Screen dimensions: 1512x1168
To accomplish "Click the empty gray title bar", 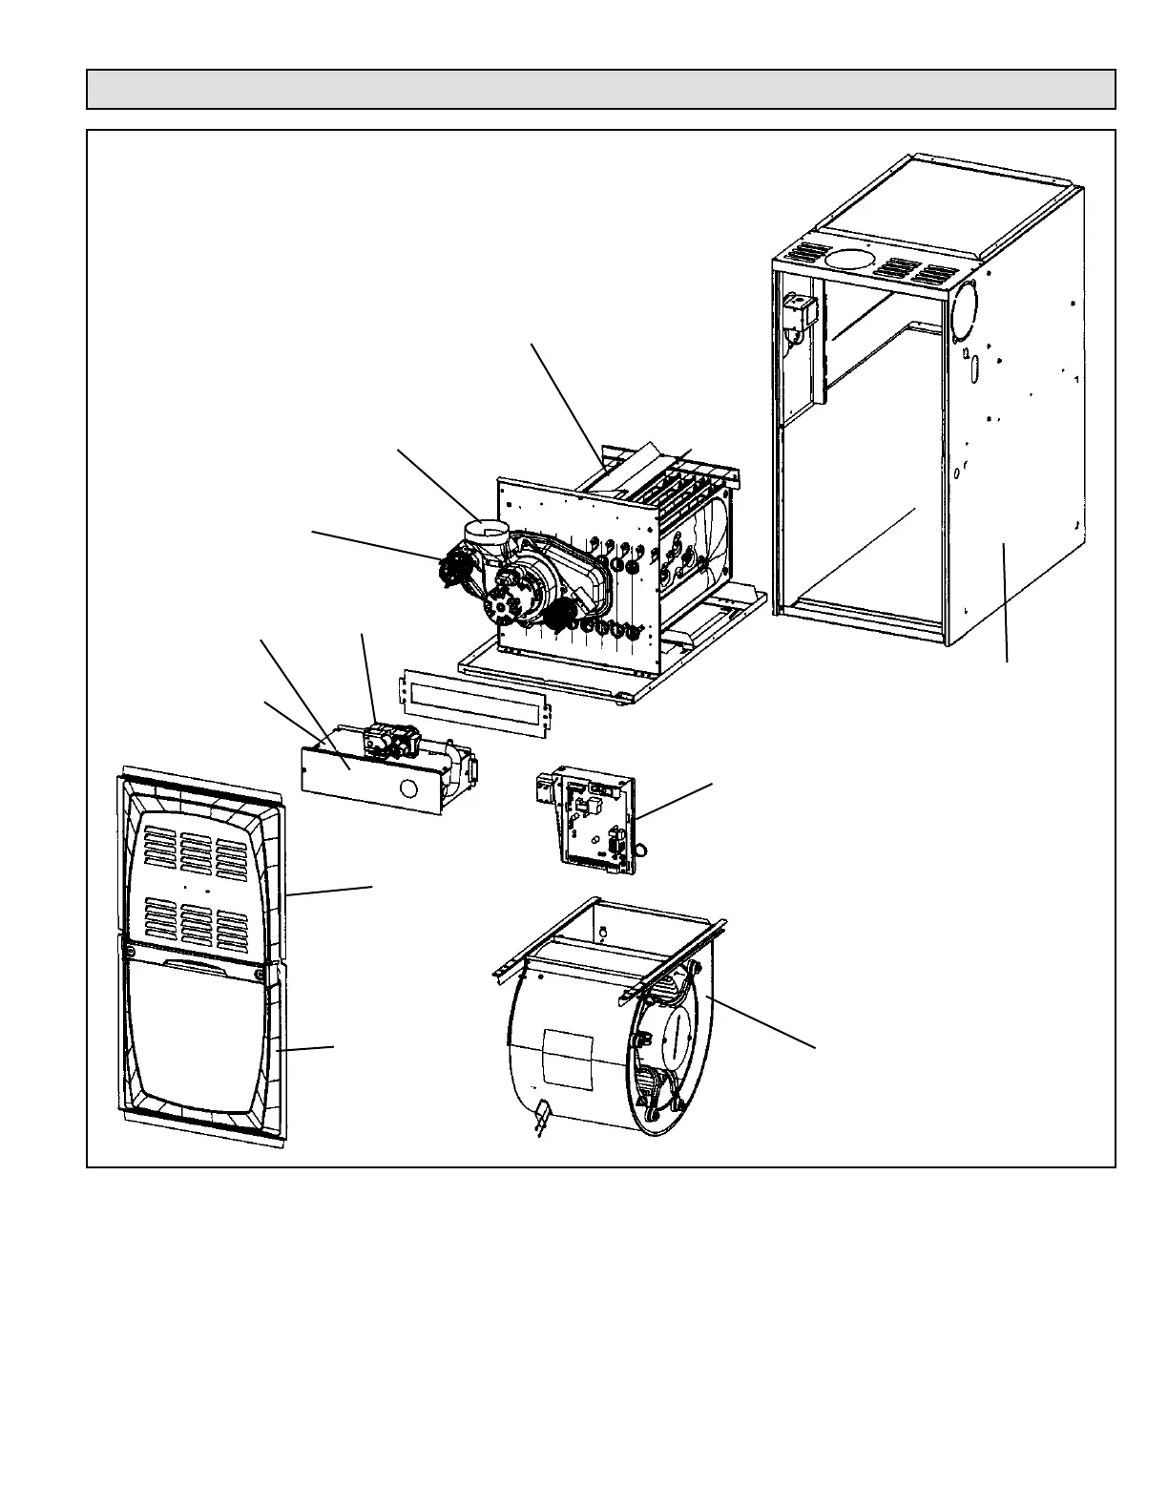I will tap(601, 89).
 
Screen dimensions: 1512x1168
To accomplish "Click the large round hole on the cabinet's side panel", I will tap(965, 311).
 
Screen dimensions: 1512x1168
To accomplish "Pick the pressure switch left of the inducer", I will tap(452, 570).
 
